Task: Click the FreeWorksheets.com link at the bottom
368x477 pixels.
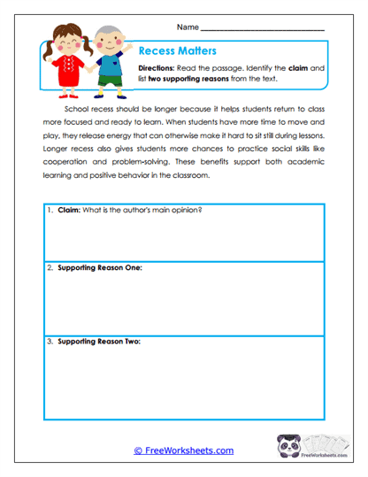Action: tap(184, 450)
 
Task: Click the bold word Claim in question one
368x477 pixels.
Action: tap(68, 210)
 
